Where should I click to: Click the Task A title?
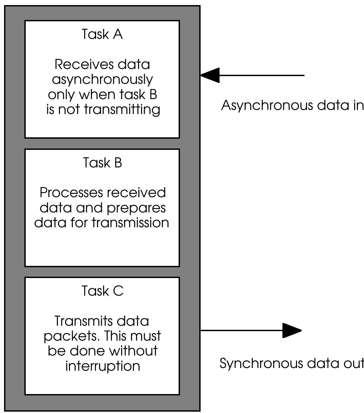point(102,34)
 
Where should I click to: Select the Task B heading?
point(103,163)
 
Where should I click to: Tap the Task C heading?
point(103,291)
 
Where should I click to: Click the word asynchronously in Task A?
point(103,80)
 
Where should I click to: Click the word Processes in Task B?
point(70,192)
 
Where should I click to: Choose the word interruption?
point(103,366)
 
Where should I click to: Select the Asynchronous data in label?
point(292,106)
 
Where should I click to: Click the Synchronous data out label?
point(292,363)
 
